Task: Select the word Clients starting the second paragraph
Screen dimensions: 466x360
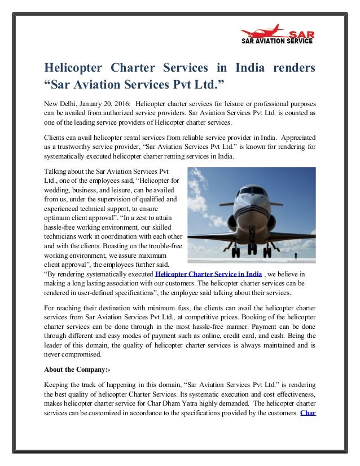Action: [56, 138]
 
